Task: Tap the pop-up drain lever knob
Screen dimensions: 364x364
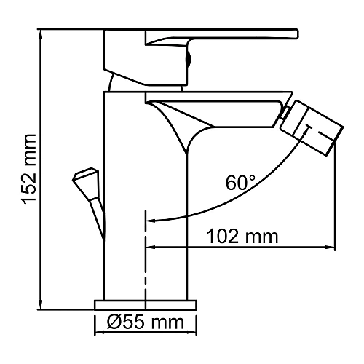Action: click(84, 178)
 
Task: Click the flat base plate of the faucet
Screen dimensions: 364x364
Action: click(146, 304)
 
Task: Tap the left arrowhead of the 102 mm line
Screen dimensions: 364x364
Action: click(151, 246)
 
